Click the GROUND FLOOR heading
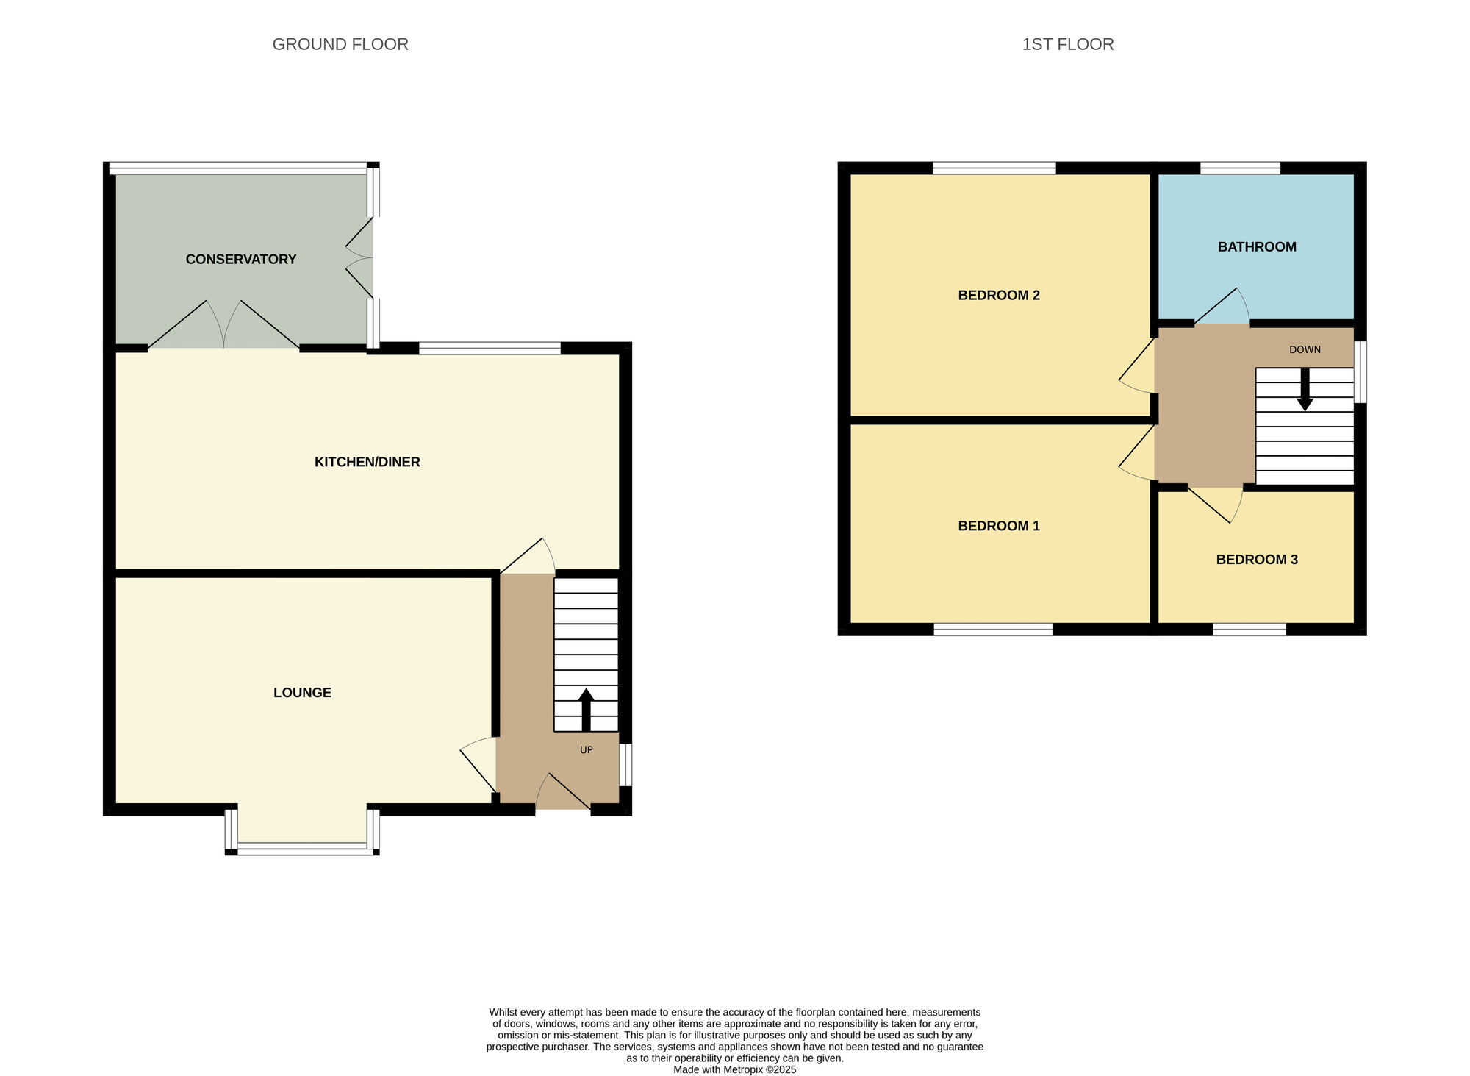tap(340, 44)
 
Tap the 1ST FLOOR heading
tap(1067, 44)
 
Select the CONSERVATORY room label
tap(241, 259)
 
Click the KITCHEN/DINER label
tap(367, 462)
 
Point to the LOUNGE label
tap(302, 692)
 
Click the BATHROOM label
tap(1256, 246)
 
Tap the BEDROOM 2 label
tap(998, 295)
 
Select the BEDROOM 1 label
tap(998, 525)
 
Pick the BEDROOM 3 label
tap(1256, 559)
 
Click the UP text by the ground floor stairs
tap(586, 749)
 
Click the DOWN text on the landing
tap(1305, 349)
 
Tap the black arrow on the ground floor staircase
tap(586, 709)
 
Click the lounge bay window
tap(302, 848)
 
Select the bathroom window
tap(1240, 168)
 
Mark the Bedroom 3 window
tap(1249, 629)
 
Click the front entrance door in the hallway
tap(562, 794)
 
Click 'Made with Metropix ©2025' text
tap(734, 1069)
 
